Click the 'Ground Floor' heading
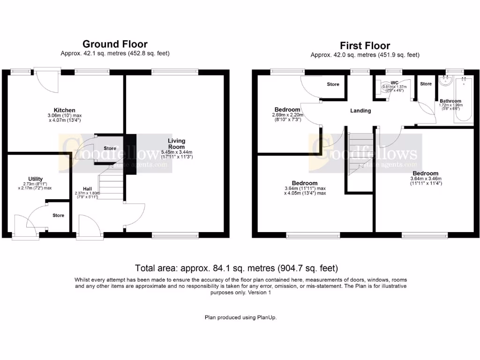point(115,44)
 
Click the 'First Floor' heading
point(365,45)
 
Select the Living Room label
point(177,143)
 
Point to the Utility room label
point(36,179)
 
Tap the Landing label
point(360,111)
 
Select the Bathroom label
point(450,101)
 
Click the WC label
point(394,82)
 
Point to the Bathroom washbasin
point(443,80)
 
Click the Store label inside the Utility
point(58,216)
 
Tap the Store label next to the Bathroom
point(426,84)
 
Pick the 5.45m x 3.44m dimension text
point(177,152)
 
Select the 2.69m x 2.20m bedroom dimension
point(287,115)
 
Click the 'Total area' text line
point(236,268)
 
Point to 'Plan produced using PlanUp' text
point(240,317)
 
